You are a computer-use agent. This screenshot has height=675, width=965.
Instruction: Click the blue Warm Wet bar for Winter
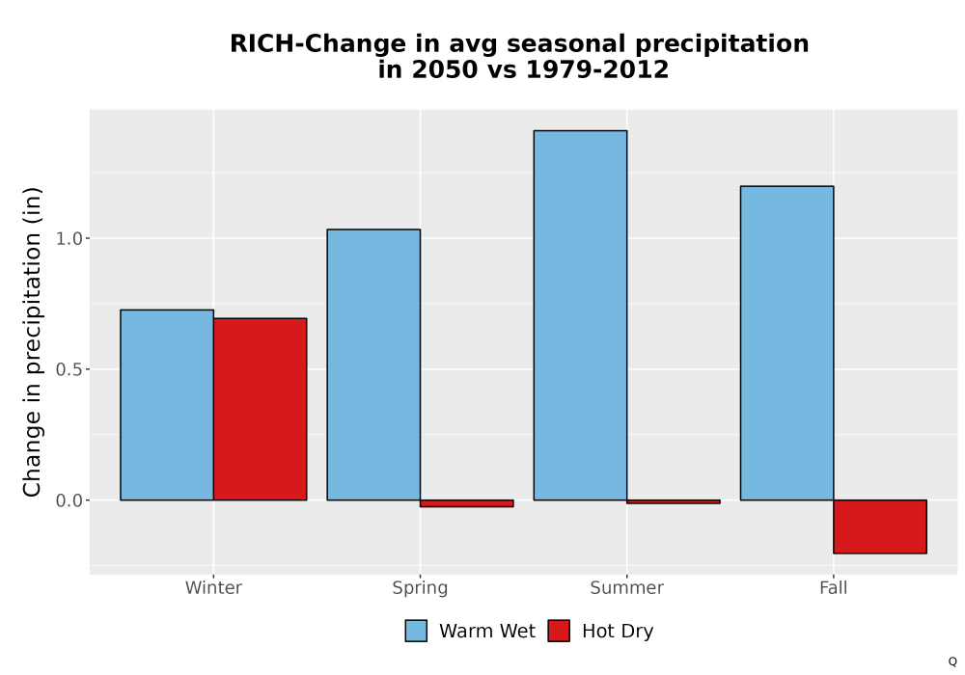click(x=167, y=404)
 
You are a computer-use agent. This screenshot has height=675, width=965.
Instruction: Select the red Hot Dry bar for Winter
click(x=260, y=409)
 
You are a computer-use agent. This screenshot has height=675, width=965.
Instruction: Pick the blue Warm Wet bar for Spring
click(x=373, y=364)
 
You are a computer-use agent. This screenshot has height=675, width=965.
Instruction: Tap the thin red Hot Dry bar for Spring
click(x=466, y=503)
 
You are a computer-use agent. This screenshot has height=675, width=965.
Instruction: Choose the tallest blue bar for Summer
click(x=580, y=315)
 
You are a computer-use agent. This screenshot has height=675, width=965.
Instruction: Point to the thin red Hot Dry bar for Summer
click(x=674, y=501)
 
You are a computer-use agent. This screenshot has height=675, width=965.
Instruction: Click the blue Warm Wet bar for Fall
click(x=787, y=343)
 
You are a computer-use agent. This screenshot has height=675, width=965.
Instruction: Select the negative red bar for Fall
click(x=880, y=526)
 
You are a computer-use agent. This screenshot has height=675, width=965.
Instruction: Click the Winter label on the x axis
click(x=213, y=587)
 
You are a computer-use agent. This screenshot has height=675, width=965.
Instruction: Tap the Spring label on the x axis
click(x=421, y=588)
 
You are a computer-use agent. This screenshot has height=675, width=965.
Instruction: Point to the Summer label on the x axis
click(x=627, y=587)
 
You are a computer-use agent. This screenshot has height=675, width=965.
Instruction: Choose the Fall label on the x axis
click(x=834, y=587)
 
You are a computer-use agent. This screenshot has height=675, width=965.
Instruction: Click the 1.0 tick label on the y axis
click(x=69, y=238)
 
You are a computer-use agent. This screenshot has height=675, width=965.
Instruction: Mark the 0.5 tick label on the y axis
click(x=69, y=369)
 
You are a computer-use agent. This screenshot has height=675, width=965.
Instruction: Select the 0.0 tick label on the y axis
click(x=69, y=500)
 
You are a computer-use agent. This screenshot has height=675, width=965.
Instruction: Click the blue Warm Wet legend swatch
click(x=416, y=631)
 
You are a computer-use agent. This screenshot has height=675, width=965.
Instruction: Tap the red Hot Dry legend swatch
click(x=559, y=631)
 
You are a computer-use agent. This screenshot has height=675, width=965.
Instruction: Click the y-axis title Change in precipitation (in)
click(x=32, y=341)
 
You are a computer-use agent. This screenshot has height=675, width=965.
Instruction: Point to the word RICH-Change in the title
click(x=318, y=44)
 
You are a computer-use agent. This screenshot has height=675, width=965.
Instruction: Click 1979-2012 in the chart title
click(x=597, y=69)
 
